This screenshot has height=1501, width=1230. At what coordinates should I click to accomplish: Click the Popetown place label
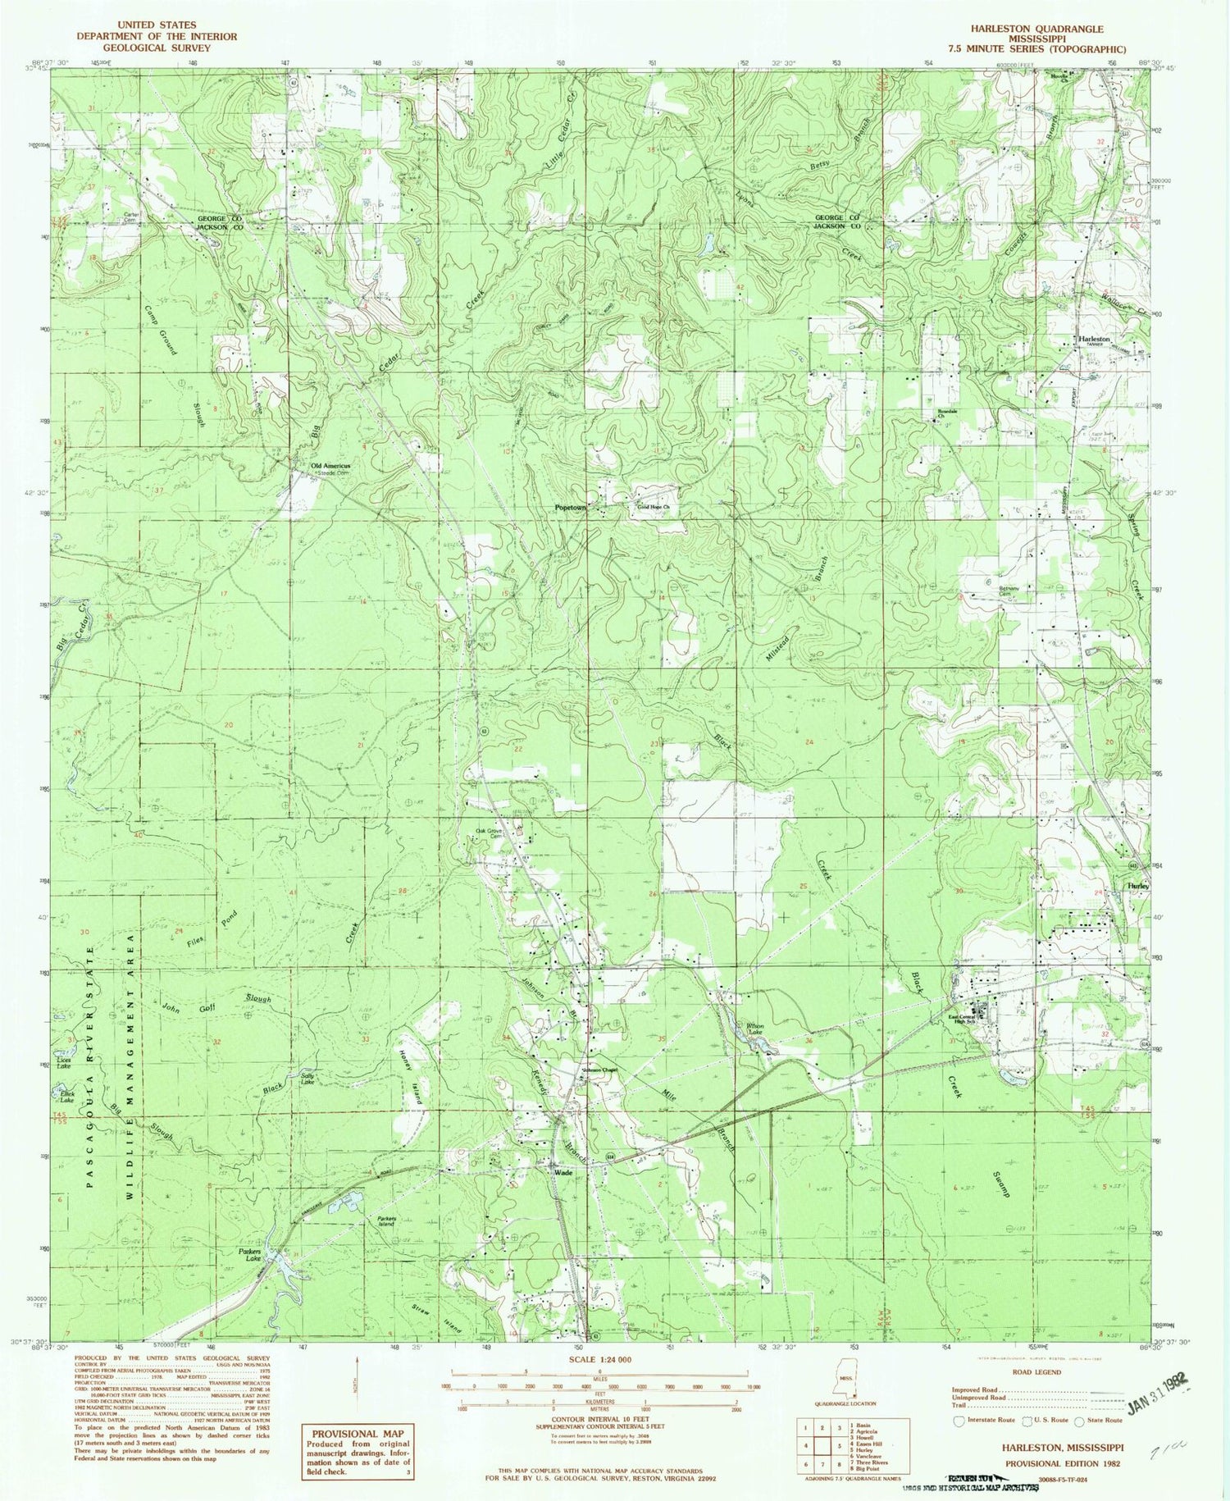pyautogui.click(x=571, y=508)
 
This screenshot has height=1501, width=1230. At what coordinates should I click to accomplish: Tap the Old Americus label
pyautogui.click(x=330, y=466)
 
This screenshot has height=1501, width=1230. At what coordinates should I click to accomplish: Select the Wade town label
pyautogui.click(x=563, y=1172)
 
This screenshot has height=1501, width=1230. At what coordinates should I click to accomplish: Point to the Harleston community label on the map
pyautogui.click(x=1094, y=339)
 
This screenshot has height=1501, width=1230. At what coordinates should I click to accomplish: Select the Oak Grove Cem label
pyautogui.click(x=490, y=833)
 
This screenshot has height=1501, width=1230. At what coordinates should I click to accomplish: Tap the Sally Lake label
pyautogui.click(x=307, y=1079)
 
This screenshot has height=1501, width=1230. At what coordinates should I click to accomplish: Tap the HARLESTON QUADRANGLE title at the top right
pyautogui.click(x=1036, y=29)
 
